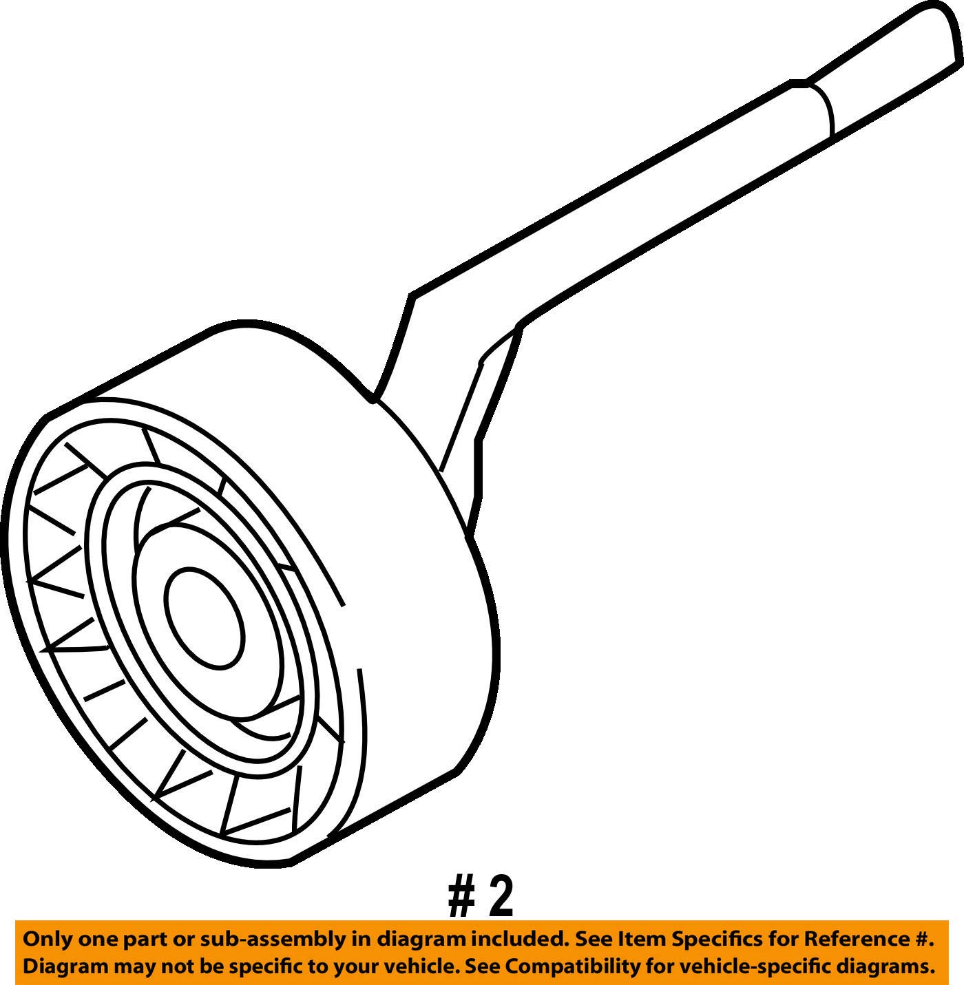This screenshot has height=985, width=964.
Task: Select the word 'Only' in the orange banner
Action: pyautogui.click(x=45, y=940)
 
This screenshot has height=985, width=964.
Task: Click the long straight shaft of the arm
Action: pyautogui.click(x=620, y=227)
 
